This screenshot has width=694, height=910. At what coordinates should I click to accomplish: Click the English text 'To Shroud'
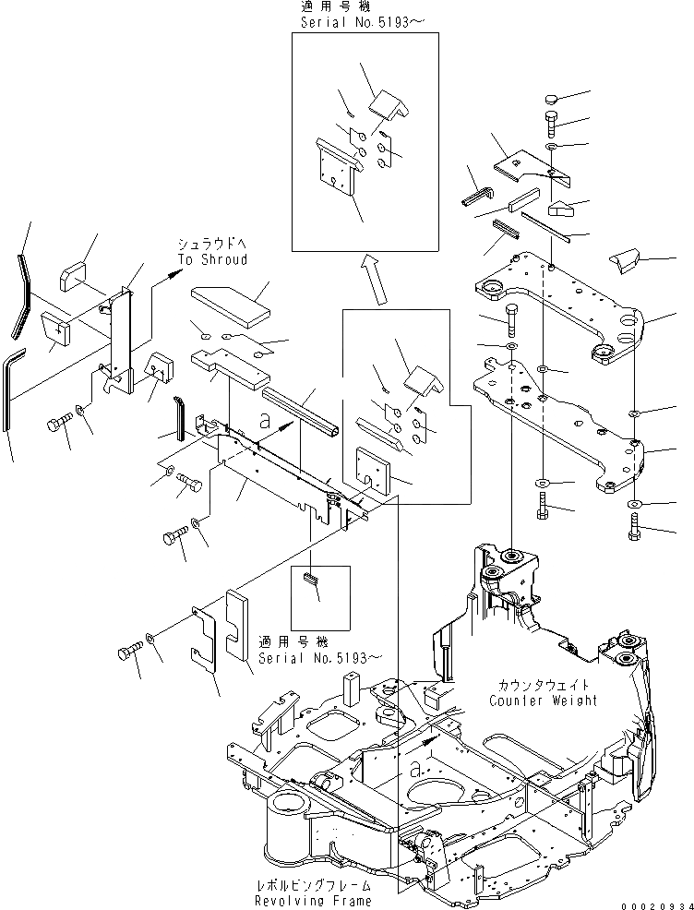pos(212,260)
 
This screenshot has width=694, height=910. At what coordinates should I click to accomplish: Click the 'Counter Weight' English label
pos(544,700)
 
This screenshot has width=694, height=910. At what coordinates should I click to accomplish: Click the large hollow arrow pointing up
pos(375,281)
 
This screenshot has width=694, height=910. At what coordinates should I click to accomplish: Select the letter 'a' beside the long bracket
pos(265,418)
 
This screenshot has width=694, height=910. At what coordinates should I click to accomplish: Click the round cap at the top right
pos(550,98)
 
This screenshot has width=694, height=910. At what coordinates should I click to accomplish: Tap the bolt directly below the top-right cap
pos(551,121)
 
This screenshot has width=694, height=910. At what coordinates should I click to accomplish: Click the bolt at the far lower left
pos(128,654)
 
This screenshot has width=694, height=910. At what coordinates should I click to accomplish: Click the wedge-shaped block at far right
pos(624,262)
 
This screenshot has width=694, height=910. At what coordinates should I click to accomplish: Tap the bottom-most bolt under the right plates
pos(635,531)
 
